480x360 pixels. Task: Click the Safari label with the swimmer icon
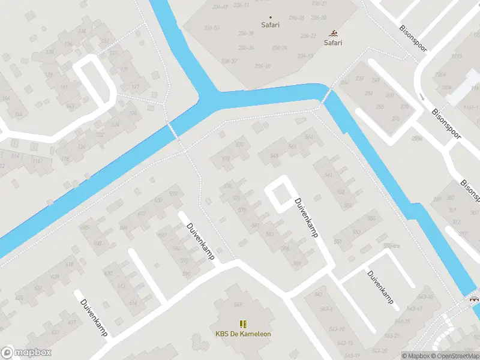pyautogui.click(x=333, y=43)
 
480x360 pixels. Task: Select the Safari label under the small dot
pyautogui.click(x=270, y=25)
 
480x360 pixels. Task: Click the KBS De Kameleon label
pyautogui.click(x=243, y=334)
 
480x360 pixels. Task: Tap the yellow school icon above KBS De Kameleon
pyautogui.click(x=243, y=324)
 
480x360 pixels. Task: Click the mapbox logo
pyautogui.click(x=26, y=353)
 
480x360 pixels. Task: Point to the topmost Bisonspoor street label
pyautogui.click(x=413, y=38)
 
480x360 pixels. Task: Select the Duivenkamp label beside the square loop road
pyautogui.click(x=305, y=218)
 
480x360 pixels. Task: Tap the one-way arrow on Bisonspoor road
pyautogui.click(x=422, y=97)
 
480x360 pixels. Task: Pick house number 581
pyautogui.click(x=256, y=226)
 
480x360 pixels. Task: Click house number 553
pyautogui.click(x=356, y=232)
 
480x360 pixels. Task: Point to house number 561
pyautogui.click(x=328, y=175)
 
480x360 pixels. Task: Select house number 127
pyautogui.click(x=135, y=87)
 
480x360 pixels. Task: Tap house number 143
pyautogui.click(x=71, y=107)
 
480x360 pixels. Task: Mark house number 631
pyautogui.click(x=72, y=323)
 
